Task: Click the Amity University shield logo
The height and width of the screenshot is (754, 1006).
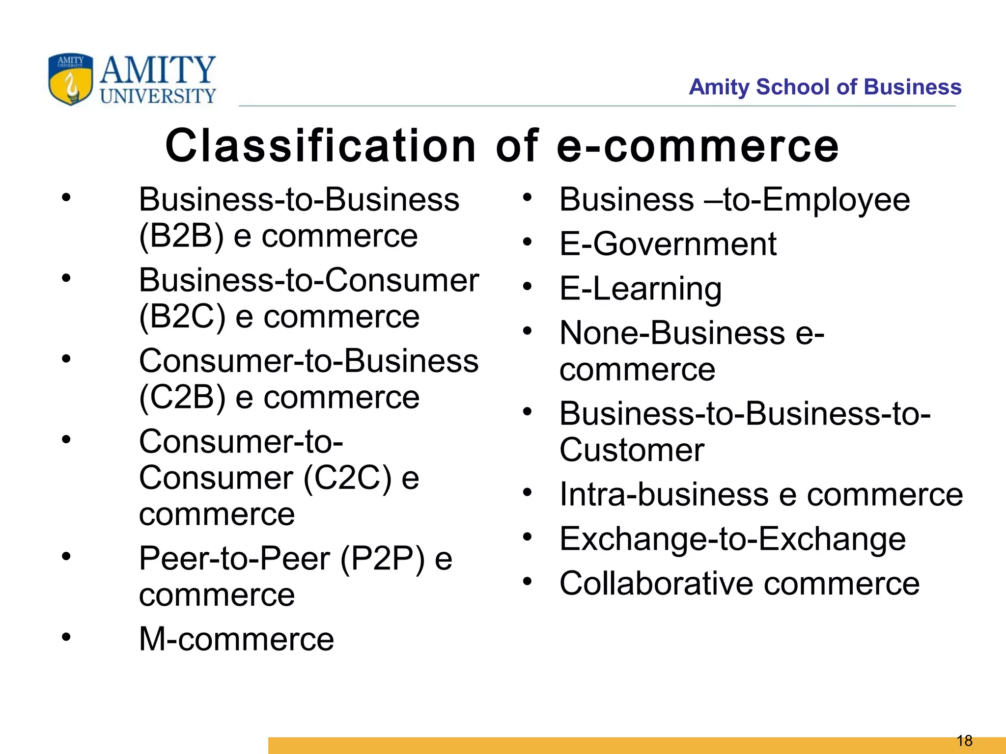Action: click(x=70, y=79)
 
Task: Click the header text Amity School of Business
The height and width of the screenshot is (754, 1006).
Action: click(x=825, y=87)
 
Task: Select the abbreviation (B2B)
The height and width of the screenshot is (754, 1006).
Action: click(x=181, y=236)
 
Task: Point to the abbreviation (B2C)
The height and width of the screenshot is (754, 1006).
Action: click(x=182, y=317)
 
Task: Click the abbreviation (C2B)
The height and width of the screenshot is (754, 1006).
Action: click(x=182, y=397)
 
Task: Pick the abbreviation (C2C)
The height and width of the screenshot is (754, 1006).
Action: click(x=347, y=478)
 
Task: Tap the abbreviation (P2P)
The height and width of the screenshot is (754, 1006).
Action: click(x=382, y=558)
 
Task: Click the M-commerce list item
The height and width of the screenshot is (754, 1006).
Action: click(x=236, y=639)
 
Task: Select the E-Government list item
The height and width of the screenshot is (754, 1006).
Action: click(x=668, y=244)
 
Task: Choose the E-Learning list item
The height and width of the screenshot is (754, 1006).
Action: click(x=640, y=289)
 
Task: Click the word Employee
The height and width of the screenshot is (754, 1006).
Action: click(x=836, y=200)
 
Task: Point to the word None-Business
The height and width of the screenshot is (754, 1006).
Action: click(x=672, y=333)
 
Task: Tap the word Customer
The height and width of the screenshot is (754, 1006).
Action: click(x=632, y=450)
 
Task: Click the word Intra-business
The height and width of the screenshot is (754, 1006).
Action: click(x=664, y=494)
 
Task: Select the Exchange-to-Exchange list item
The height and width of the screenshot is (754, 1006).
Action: click(x=732, y=539)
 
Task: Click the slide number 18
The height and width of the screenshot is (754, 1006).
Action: click(x=964, y=740)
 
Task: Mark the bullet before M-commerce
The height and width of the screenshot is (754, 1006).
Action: click(x=66, y=637)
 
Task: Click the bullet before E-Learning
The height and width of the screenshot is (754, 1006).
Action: click(x=528, y=286)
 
